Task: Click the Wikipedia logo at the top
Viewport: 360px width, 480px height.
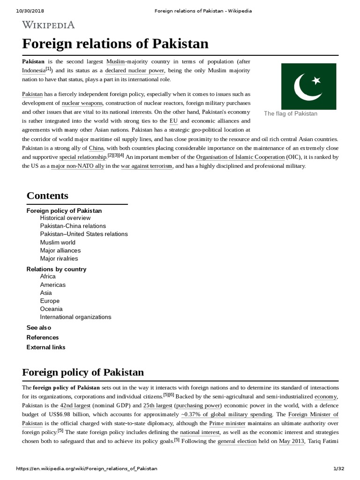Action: [x=48, y=25]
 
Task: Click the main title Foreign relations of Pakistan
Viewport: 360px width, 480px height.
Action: [x=115, y=44]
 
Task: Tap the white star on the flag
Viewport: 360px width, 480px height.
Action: [x=316, y=81]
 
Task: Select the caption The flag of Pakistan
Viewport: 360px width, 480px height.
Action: [x=291, y=113]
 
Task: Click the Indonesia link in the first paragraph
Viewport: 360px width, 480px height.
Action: [x=34, y=70]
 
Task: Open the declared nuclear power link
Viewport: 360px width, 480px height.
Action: [x=135, y=70]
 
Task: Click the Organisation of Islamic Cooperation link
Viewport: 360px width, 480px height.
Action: [x=240, y=157]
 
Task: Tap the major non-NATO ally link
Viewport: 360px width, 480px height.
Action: [x=78, y=166]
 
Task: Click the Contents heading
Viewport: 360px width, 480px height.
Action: [x=47, y=195]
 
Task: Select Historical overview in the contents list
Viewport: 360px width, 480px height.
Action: [x=65, y=218]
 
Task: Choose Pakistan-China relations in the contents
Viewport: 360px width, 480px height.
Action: [x=73, y=226]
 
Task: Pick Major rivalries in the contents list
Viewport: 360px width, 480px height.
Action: [x=59, y=258]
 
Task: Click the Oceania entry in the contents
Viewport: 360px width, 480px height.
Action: [x=51, y=309]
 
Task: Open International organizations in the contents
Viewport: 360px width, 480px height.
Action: [x=75, y=317]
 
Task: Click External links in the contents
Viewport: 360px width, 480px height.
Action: [x=46, y=347]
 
